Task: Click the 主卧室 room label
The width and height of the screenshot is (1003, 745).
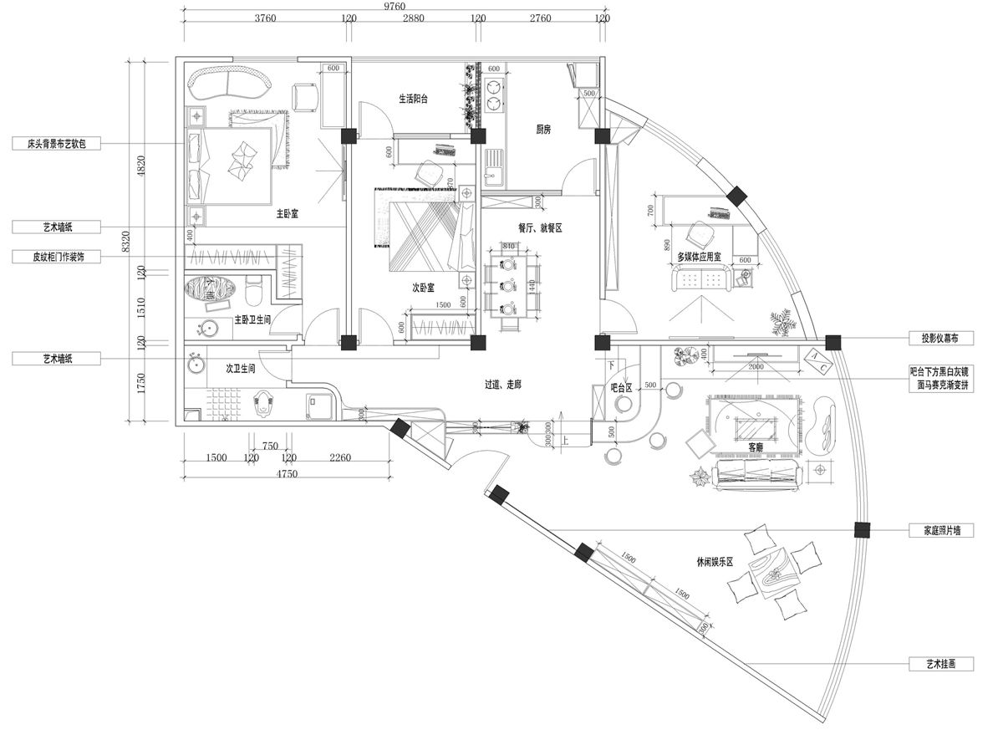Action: coord(288,214)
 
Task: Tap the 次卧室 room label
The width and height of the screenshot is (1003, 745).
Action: coord(423,288)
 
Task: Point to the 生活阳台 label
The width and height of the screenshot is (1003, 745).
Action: coord(413,99)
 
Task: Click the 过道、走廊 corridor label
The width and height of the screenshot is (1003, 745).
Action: coord(503,385)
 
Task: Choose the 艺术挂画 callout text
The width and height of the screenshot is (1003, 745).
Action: coord(939,664)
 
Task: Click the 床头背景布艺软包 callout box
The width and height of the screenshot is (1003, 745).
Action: coord(57,144)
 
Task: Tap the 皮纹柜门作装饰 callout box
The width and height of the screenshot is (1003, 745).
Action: coord(57,258)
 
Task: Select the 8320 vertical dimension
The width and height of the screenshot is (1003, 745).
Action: coord(126,242)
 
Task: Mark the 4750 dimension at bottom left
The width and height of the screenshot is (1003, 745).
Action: coord(288,474)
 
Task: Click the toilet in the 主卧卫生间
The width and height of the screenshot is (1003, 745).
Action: coord(253,290)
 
